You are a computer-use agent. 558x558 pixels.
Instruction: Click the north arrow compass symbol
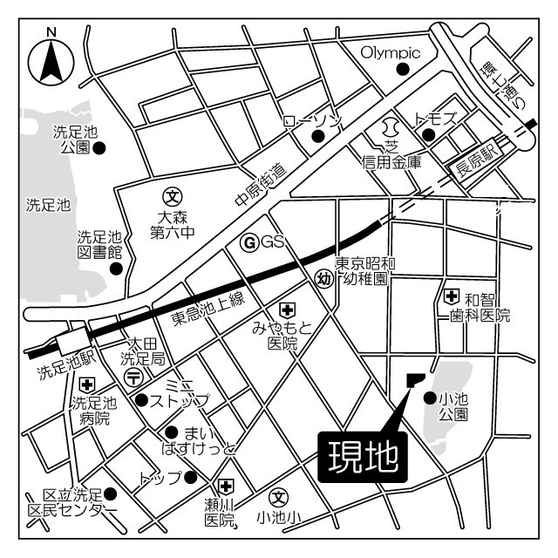51,58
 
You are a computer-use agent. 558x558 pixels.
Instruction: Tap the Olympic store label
391,52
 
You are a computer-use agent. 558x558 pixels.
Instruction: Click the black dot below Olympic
402,70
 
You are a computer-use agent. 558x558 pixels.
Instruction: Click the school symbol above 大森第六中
173,195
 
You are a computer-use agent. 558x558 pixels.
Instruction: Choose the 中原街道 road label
261,184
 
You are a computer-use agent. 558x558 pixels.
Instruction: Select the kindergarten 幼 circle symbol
323,278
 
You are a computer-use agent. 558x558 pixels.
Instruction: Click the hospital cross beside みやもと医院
286,310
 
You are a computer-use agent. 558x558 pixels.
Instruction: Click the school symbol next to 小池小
278,498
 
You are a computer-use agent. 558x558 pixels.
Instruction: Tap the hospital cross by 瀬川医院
227,487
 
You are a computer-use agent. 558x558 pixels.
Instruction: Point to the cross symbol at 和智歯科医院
452,296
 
